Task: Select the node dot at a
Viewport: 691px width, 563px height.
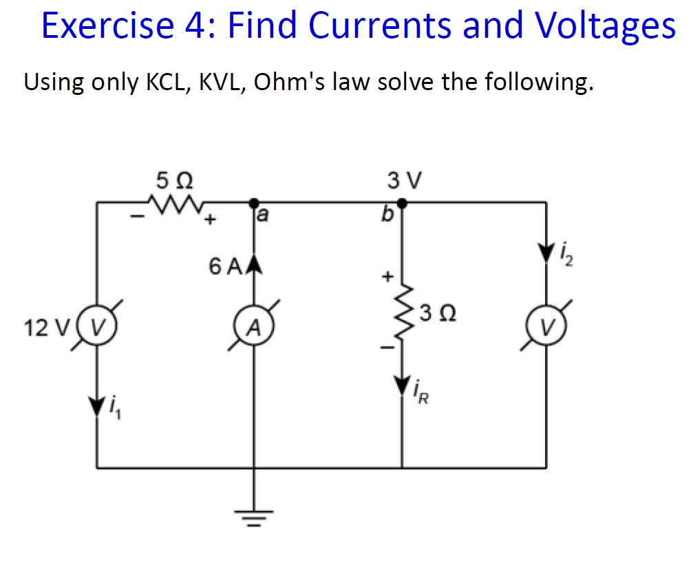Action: (x=254, y=202)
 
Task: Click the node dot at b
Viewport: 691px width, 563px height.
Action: (x=403, y=202)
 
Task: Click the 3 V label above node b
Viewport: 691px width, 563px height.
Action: (x=403, y=181)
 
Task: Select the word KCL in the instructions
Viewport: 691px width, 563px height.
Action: (x=167, y=82)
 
